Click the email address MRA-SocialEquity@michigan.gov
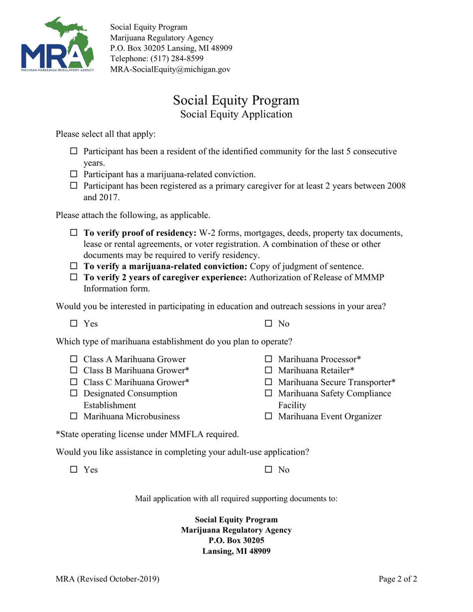click(170, 70)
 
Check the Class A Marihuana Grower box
click(74, 359)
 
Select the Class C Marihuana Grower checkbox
click(74, 382)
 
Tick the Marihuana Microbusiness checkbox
click(74, 416)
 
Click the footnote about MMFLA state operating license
click(147, 434)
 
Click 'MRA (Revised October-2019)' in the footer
click(108, 579)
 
